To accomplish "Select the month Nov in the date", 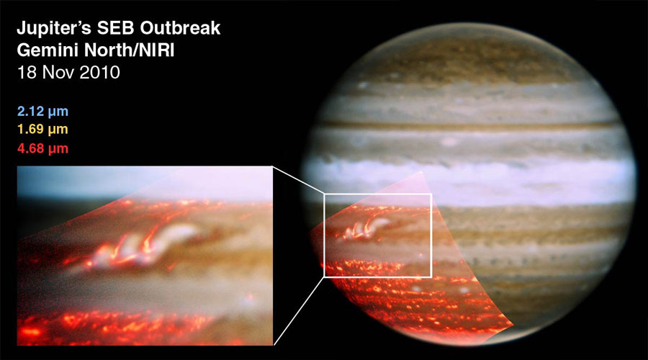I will [53, 73].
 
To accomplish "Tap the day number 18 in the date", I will [25, 73].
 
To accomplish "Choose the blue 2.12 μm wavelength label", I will [42, 112].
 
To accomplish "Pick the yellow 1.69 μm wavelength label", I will [42, 130].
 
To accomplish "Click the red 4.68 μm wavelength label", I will [42, 149].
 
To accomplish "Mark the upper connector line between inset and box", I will [298, 180].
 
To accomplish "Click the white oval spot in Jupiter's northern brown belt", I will [450, 142].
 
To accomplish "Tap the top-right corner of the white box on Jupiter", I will [431, 194].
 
